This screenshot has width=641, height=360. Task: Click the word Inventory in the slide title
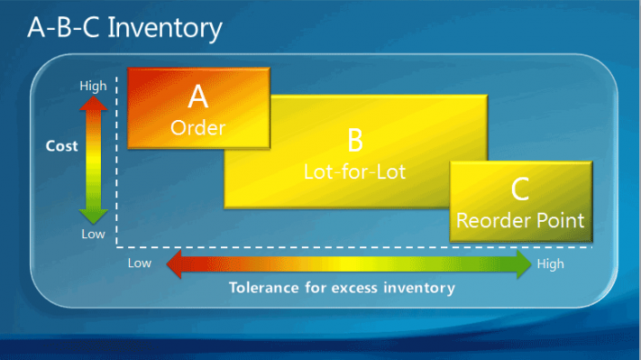[165, 28]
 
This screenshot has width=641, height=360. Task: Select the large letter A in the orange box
[198, 95]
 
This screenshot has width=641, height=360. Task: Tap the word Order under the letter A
[198, 128]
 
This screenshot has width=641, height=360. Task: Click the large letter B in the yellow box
[355, 140]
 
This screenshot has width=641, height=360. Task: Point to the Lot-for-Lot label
[355, 170]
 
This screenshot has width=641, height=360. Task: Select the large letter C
[520, 189]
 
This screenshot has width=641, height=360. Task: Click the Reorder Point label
[520, 220]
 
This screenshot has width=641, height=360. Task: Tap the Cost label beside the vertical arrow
[62, 145]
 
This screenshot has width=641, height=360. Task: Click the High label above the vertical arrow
[93, 86]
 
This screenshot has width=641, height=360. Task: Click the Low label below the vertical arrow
[93, 234]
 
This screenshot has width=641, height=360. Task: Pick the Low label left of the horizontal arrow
[139, 264]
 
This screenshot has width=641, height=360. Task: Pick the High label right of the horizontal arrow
[551, 264]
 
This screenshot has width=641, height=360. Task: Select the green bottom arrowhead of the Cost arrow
[94, 216]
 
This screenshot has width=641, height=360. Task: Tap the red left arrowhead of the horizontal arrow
[175, 265]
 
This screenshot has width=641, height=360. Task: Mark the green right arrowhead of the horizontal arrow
[522, 265]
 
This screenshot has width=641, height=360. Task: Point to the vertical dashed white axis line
[117, 164]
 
